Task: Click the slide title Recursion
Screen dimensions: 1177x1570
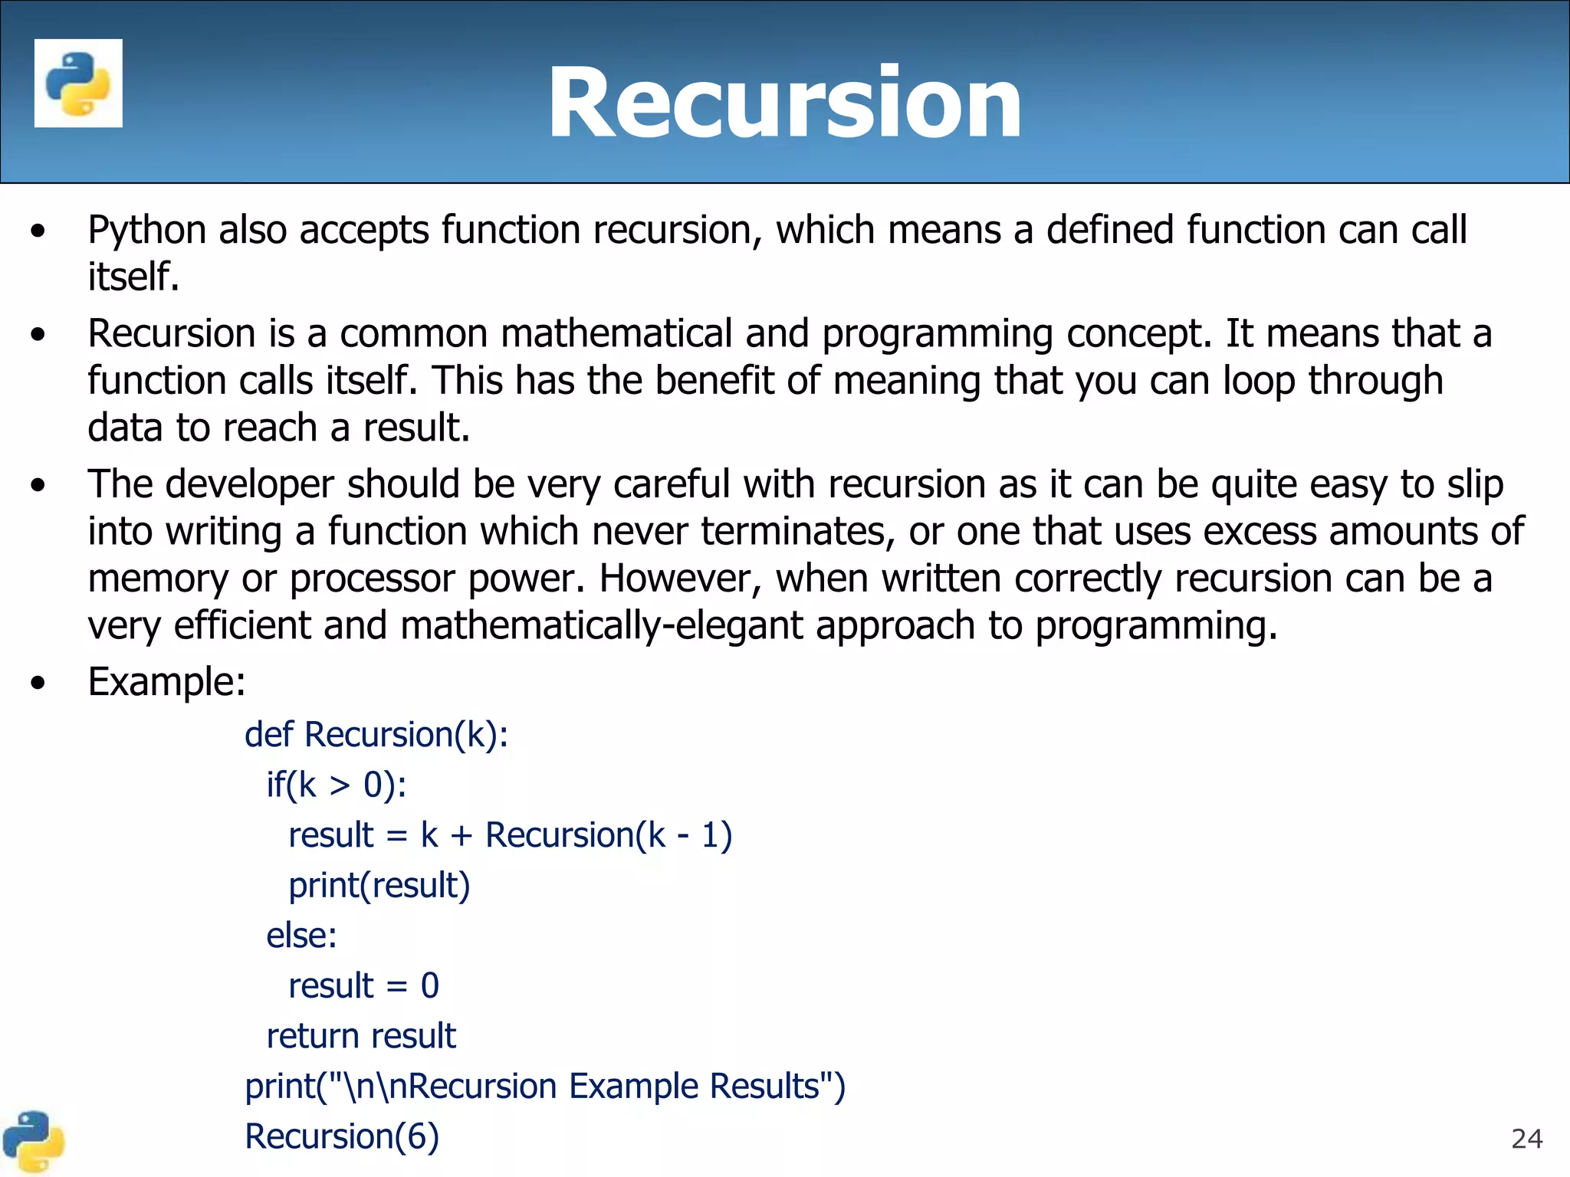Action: [x=784, y=103]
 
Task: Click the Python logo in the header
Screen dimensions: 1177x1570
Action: [x=78, y=83]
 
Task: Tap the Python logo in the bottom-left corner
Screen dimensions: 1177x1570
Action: [x=33, y=1141]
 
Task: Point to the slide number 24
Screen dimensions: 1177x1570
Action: [x=1526, y=1139]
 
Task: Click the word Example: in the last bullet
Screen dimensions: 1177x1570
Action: [x=166, y=681]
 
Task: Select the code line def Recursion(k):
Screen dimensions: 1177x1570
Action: [x=376, y=734]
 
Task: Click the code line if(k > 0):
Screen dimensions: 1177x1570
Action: [x=336, y=785]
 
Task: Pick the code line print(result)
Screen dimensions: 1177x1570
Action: [x=379, y=885]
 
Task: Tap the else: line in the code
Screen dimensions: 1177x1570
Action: [x=301, y=936]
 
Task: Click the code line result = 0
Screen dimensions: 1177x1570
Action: [x=363, y=985]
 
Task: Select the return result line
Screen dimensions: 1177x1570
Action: [x=361, y=1036]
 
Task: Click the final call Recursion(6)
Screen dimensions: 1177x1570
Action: [x=342, y=1136]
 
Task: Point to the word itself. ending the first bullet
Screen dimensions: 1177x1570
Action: [x=133, y=277]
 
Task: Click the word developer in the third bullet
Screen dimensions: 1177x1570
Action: [x=249, y=484]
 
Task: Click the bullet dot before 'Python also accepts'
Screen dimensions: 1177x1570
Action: [x=38, y=231]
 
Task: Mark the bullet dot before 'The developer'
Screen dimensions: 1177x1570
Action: [x=38, y=485]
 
